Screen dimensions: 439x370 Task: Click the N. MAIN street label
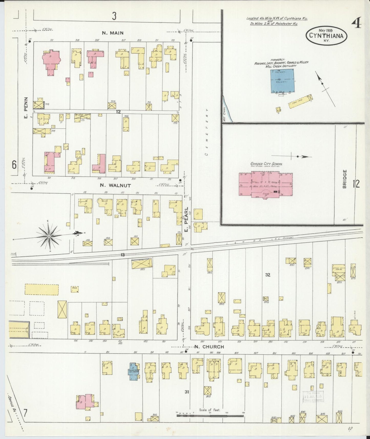coord(113,33)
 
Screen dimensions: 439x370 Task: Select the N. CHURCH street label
coord(209,347)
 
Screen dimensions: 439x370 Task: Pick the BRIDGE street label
coord(344,179)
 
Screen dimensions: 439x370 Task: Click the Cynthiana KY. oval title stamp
coord(326,36)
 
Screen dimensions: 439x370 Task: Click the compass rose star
coord(49,236)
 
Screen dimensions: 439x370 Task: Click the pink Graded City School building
coord(266,185)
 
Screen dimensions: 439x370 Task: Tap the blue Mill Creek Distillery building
coord(282,81)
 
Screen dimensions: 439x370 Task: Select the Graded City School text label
coord(266,164)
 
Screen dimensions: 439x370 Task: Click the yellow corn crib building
coord(301,101)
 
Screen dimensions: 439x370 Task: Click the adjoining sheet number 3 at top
coord(114,16)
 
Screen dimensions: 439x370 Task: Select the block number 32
coord(268,275)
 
